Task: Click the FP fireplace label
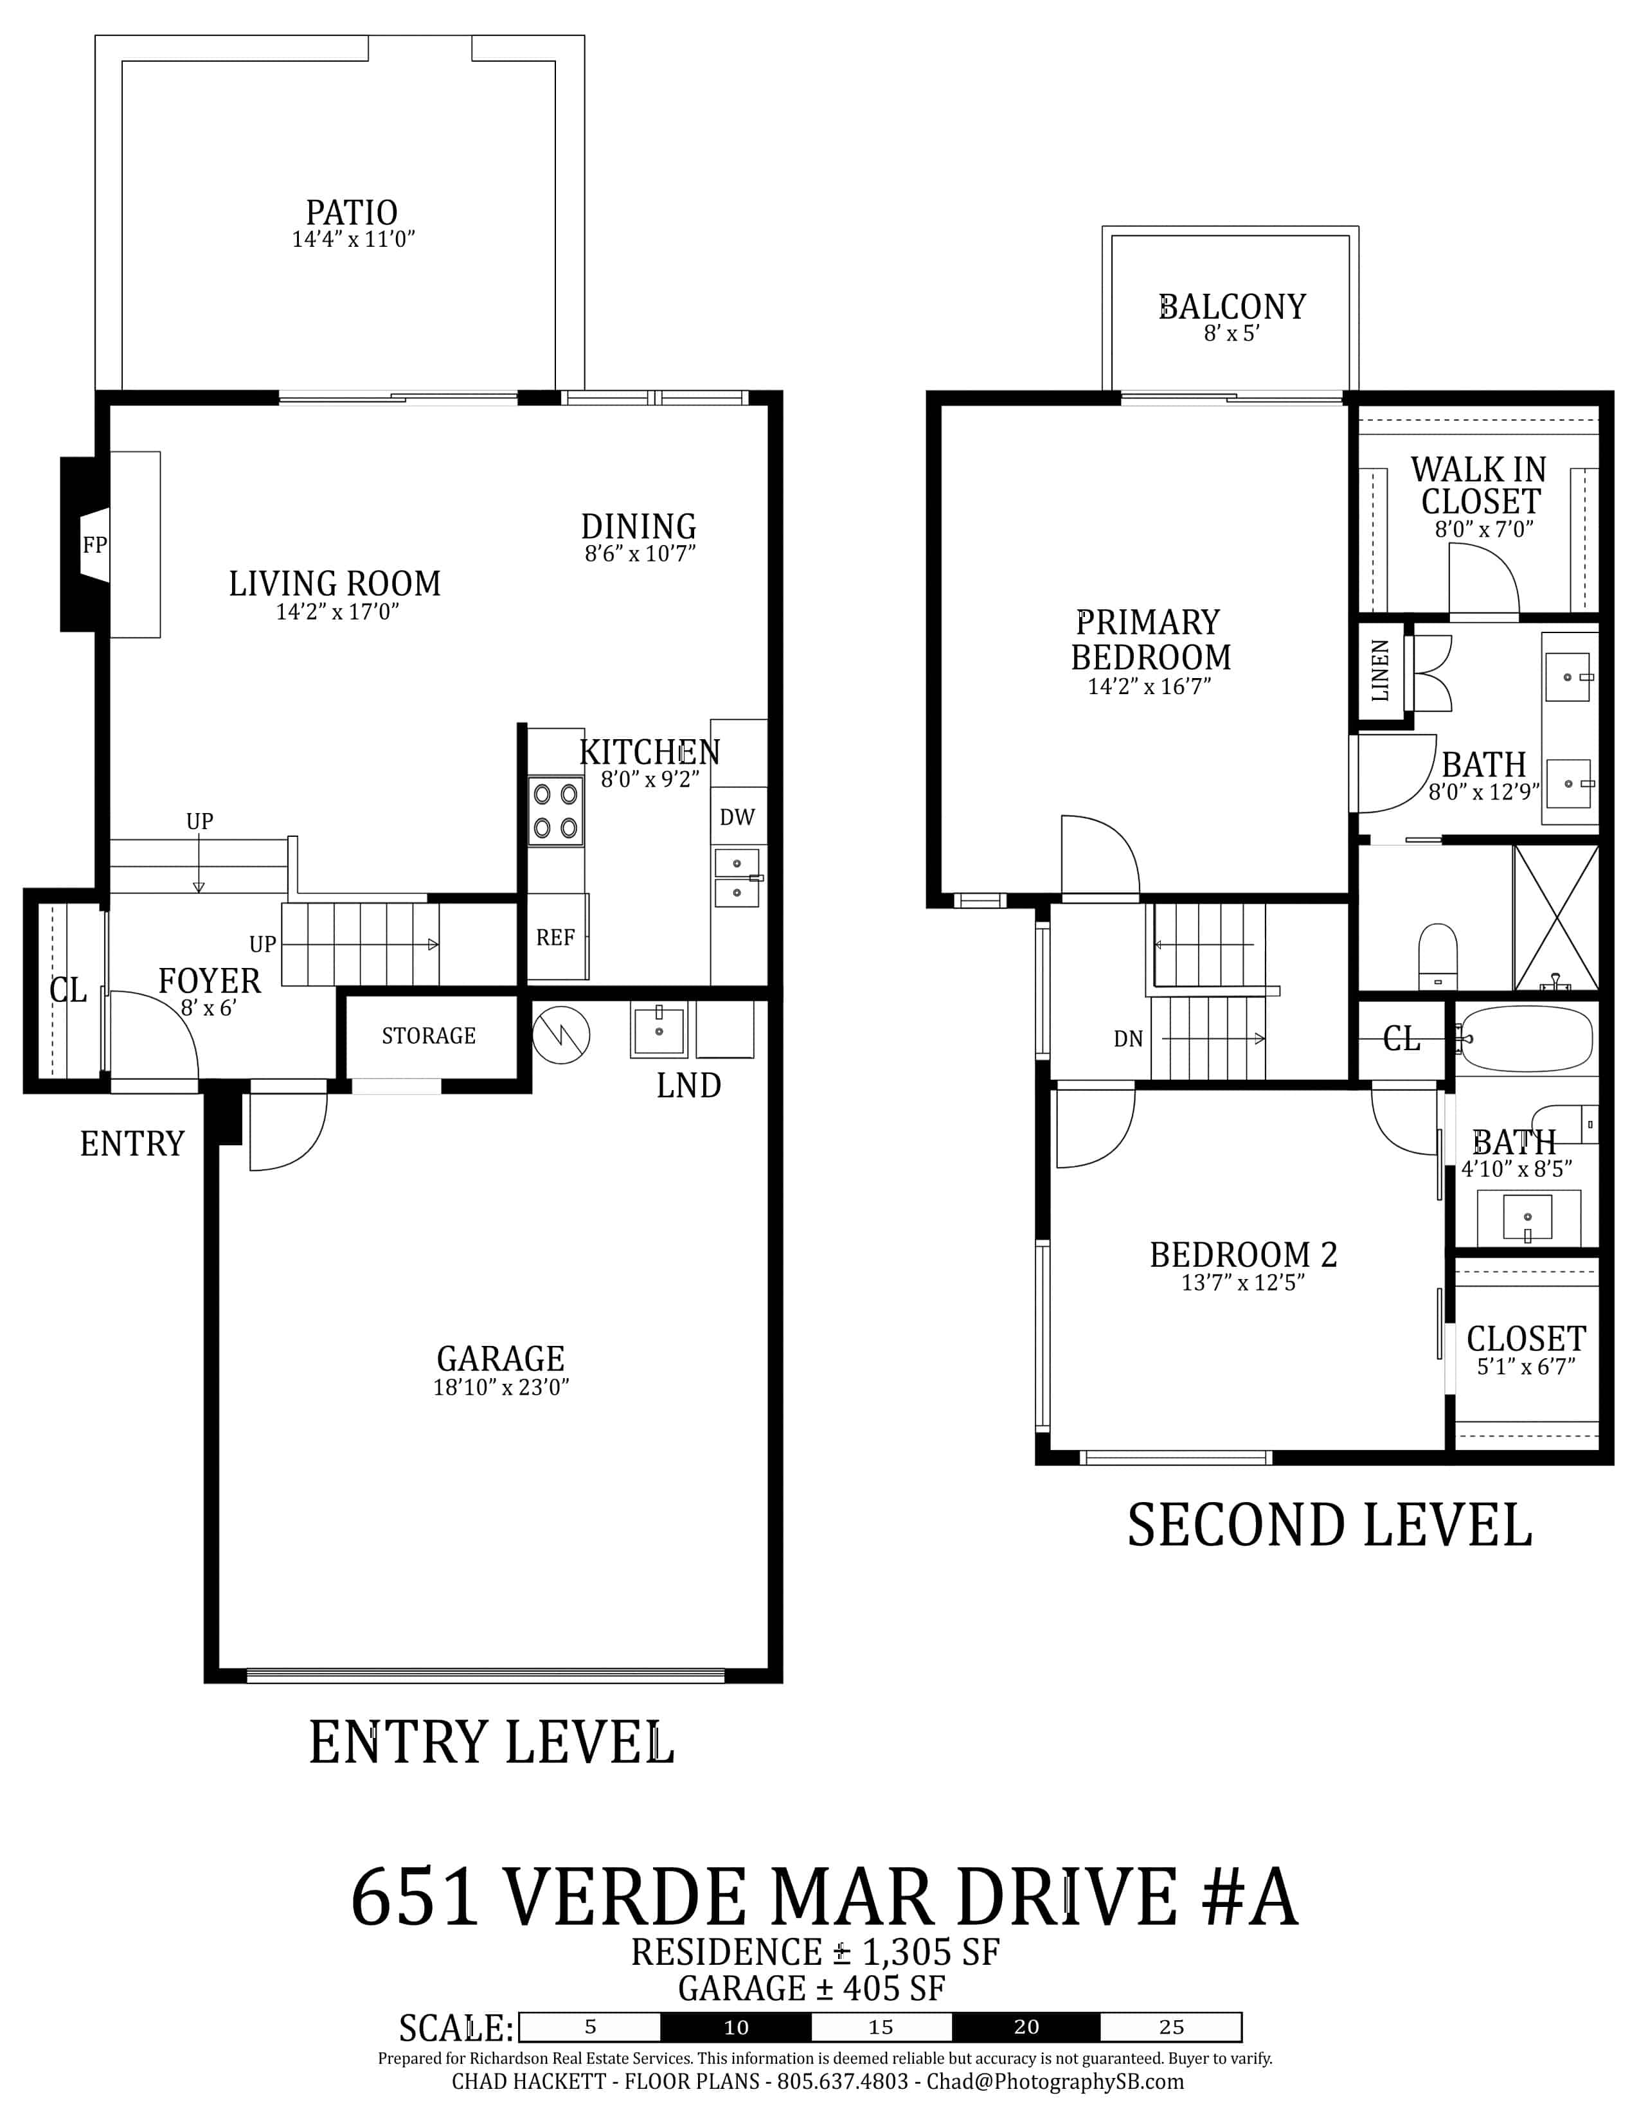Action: point(94,545)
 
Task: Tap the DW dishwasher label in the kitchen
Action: point(737,817)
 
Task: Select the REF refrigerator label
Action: point(555,937)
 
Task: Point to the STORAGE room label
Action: point(428,1036)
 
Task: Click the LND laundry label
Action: point(688,1085)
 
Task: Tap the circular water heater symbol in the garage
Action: point(561,1035)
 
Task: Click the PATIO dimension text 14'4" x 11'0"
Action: point(354,239)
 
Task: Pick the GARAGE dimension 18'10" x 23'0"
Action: point(501,1387)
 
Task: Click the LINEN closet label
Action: point(1380,670)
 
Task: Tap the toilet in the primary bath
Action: point(1438,956)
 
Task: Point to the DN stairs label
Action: point(1128,1039)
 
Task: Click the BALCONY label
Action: point(1232,307)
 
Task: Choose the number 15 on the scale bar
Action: point(881,2027)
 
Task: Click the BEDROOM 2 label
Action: point(1243,1255)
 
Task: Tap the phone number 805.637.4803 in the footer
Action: point(843,2081)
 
